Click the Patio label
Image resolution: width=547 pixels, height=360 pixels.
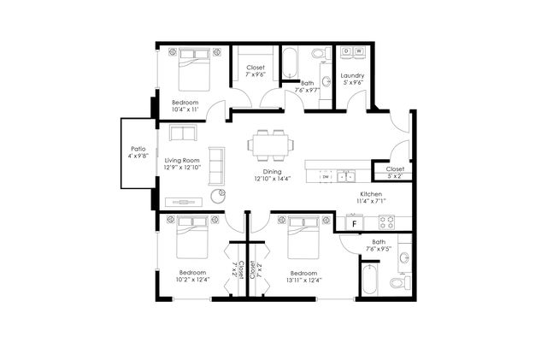(138, 149)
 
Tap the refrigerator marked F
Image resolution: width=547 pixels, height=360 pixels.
(355, 224)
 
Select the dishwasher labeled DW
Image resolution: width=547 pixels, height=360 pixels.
(326, 177)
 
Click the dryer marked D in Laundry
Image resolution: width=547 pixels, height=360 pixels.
(346, 51)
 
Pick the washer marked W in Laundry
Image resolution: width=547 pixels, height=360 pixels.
(359, 51)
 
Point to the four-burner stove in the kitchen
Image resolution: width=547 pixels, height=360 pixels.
(386, 222)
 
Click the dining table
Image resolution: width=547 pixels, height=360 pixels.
(270, 145)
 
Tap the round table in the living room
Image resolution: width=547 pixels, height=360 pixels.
(218, 196)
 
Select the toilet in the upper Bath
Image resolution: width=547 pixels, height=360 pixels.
(321, 53)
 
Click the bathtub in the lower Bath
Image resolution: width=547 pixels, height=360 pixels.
(369, 280)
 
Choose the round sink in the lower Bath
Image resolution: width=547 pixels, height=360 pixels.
(404, 259)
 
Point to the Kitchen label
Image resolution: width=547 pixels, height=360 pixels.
(371, 194)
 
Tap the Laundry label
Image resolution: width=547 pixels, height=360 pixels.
(352, 75)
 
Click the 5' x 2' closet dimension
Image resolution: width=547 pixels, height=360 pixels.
(395, 176)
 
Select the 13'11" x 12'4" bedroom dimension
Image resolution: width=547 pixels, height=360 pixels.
(304, 280)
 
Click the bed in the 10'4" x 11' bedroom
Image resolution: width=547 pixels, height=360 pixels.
(194, 69)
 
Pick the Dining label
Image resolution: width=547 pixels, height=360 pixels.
(272, 172)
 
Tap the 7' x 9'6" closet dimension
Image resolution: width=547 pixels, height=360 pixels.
(256, 74)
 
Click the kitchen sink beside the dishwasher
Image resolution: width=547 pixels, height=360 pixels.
(345, 176)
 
